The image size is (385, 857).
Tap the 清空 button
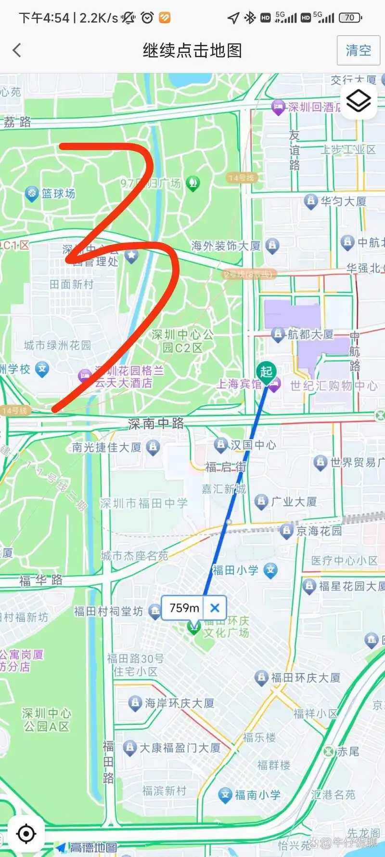pyautogui.click(x=358, y=51)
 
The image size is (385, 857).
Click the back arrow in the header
pyautogui.click(x=17, y=50)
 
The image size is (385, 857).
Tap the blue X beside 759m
pyautogui.click(x=215, y=608)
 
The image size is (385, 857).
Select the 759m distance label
pyautogui.click(x=184, y=608)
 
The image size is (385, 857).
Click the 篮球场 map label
pyautogui.click(x=58, y=194)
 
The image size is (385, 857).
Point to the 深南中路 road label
pyautogui.click(x=156, y=424)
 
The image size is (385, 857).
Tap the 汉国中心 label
pyautogui.click(x=253, y=445)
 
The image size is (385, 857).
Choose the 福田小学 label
pyautogui.click(x=235, y=571)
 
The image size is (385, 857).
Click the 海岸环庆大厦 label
pyautogui.click(x=179, y=703)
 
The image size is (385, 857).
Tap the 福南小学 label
pyautogui.click(x=257, y=795)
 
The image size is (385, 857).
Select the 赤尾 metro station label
pyautogui.click(x=347, y=751)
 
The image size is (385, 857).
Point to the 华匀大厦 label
pyautogui.click(x=343, y=201)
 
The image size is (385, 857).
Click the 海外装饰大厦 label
pyautogui.click(x=226, y=246)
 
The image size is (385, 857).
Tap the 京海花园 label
pyautogui.click(x=319, y=531)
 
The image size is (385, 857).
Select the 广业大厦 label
pyautogui.click(x=294, y=502)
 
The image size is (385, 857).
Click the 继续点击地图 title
pyautogui.click(x=192, y=50)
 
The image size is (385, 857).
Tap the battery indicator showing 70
pyautogui.click(x=350, y=18)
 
